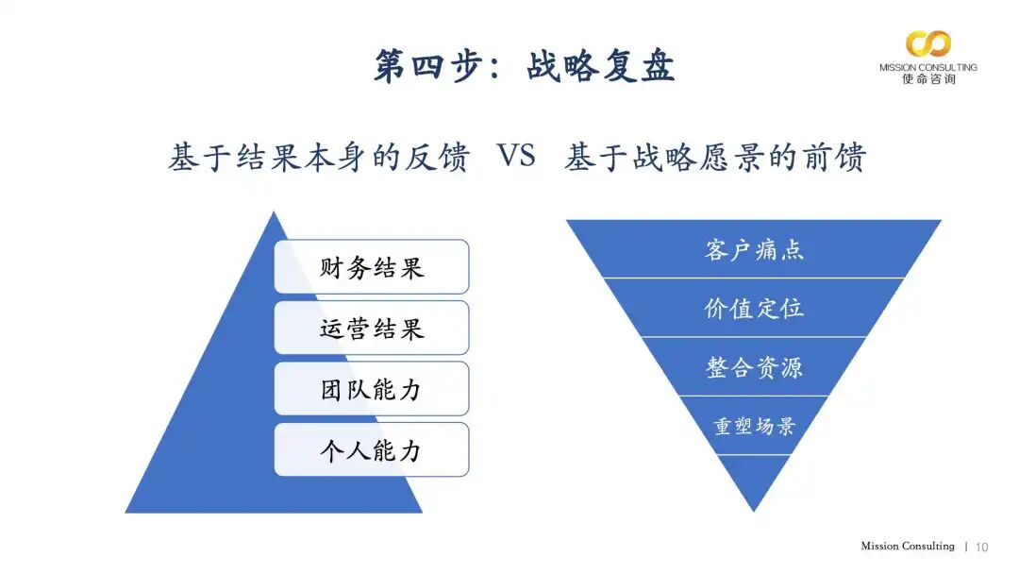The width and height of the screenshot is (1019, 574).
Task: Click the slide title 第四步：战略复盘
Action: (524, 67)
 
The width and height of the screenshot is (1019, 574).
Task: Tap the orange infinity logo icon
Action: (928, 43)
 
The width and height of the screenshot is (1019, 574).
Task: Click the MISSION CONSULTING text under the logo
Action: (928, 68)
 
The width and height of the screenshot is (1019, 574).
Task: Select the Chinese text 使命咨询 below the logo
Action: (928, 80)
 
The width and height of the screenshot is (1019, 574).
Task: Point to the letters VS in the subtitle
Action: (516, 157)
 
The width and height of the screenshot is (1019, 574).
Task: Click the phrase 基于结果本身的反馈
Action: (318, 158)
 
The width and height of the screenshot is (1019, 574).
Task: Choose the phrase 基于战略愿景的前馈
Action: (715, 158)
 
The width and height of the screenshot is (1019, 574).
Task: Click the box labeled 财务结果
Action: (372, 267)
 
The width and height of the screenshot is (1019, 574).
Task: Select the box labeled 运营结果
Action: (372, 328)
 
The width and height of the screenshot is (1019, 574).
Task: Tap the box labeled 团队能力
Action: (372, 388)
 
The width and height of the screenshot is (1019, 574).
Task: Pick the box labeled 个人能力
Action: (372, 449)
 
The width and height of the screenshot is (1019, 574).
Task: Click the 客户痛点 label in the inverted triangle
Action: (754, 250)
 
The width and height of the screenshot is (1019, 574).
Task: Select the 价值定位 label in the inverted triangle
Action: (754, 308)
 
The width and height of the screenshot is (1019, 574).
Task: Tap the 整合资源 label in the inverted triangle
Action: (754, 366)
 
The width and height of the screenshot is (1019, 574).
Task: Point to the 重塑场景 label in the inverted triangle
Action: (754, 425)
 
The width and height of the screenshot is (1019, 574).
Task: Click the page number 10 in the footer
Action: (982, 547)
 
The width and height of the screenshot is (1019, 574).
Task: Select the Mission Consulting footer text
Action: (907, 547)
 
